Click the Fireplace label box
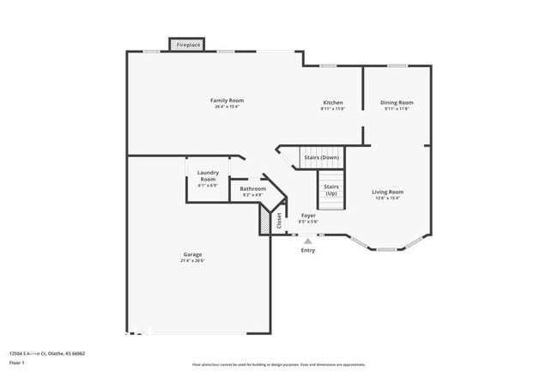[x=189, y=44]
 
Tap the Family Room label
[x=225, y=101]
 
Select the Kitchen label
[x=332, y=102]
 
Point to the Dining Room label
[x=397, y=102]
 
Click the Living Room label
[x=387, y=192]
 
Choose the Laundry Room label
[x=208, y=175]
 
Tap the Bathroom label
[x=252, y=189]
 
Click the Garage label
[x=192, y=254]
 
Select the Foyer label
[x=308, y=215]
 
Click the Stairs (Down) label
[x=322, y=157]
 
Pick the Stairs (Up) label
[x=331, y=189]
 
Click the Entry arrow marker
[x=308, y=241]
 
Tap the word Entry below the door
[x=308, y=250]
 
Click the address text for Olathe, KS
[x=47, y=353]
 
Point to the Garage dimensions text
[x=192, y=261]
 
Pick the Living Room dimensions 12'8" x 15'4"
[x=387, y=198]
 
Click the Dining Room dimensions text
[x=397, y=109]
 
